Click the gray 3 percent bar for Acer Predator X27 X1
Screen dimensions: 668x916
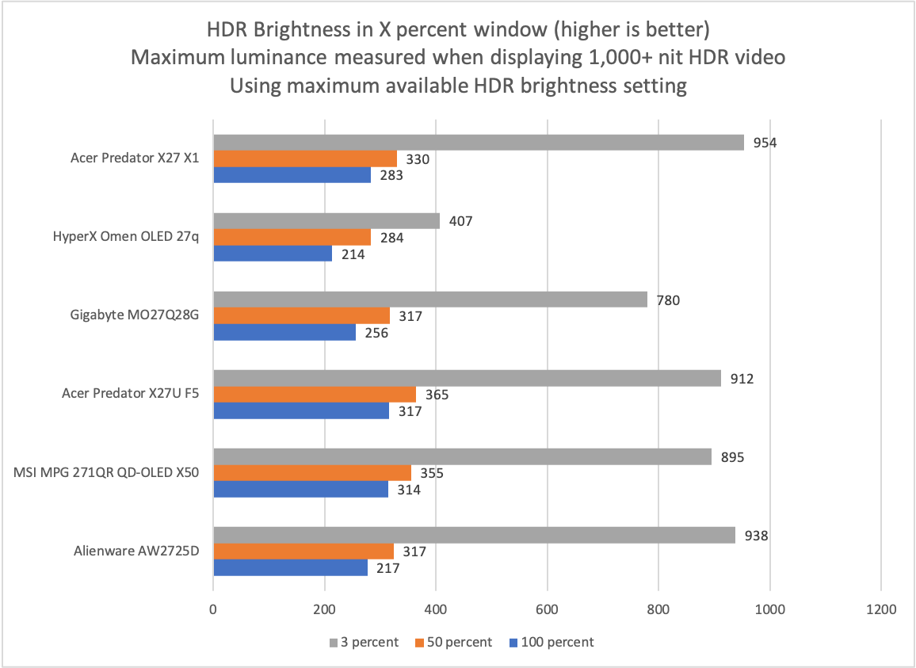[x=479, y=143]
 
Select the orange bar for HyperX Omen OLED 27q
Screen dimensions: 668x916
[x=292, y=237]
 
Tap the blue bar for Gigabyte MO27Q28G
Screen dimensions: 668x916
[x=284, y=332]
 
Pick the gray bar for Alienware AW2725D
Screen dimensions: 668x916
[x=474, y=536]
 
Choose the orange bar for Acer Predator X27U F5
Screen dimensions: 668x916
[x=315, y=395]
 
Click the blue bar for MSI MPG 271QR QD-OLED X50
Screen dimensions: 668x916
[x=300, y=489]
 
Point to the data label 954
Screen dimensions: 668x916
[x=764, y=143]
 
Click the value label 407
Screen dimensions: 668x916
[x=460, y=221]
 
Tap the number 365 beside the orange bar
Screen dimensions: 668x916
[x=437, y=395]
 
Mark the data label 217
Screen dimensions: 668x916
[x=388, y=568]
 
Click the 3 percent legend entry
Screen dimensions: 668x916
[x=364, y=642]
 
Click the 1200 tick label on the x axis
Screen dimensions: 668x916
[x=881, y=611]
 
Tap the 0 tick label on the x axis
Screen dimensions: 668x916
[x=213, y=611]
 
